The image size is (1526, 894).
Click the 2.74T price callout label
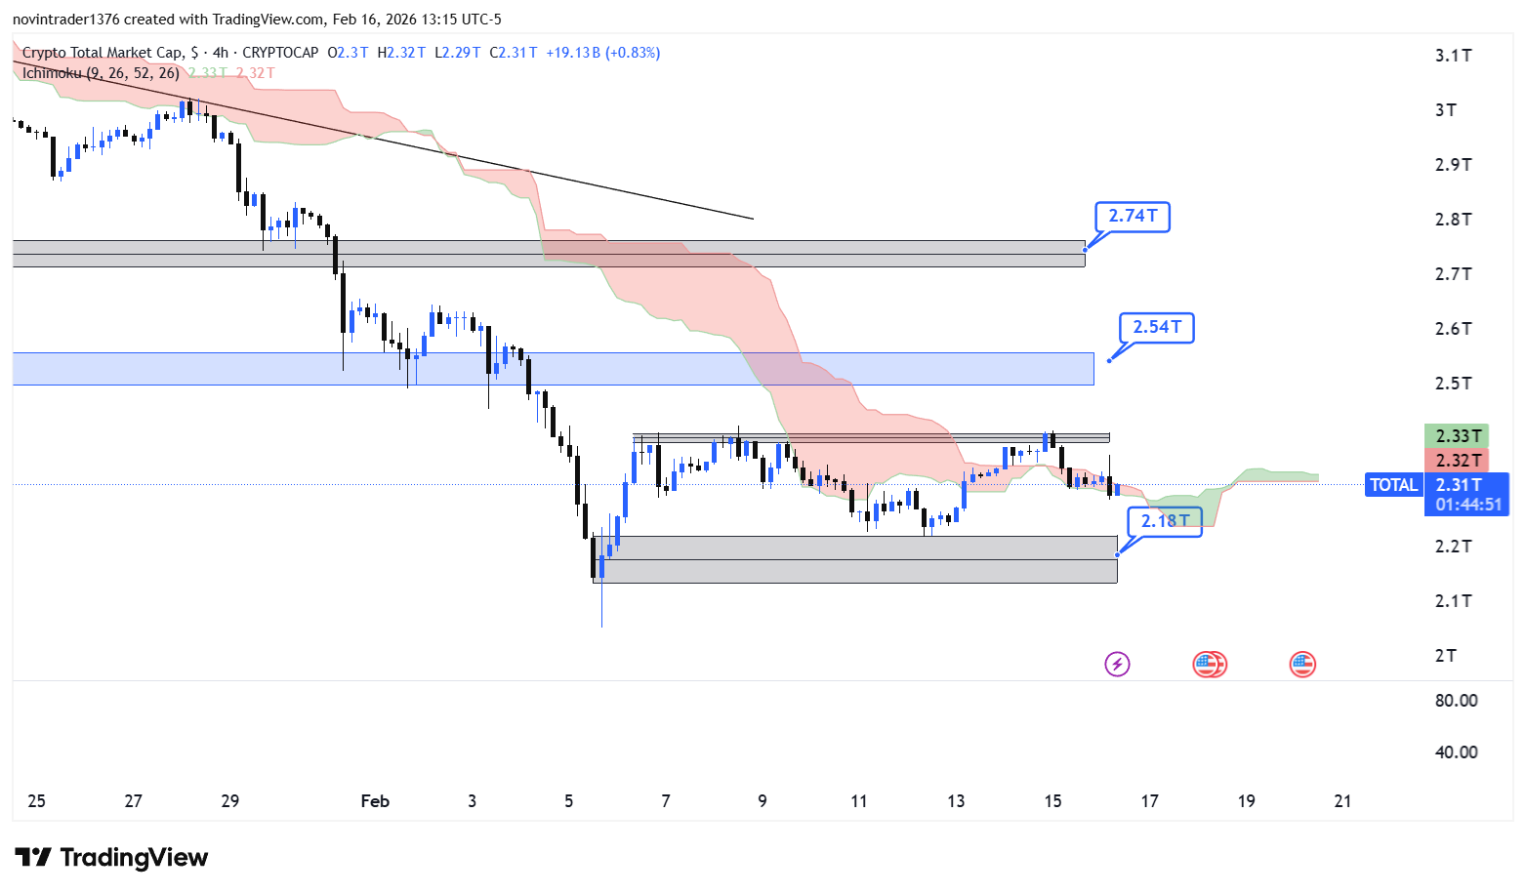point(1133,216)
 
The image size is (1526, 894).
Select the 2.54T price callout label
point(1157,327)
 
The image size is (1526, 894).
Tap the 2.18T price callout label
point(1165,520)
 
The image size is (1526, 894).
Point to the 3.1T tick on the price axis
point(1453,56)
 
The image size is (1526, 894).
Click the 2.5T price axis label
point(1453,384)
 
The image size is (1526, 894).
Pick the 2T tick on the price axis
point(1446,656)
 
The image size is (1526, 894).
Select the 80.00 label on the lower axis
point(1456,701)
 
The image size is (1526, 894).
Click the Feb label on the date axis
point(375,801)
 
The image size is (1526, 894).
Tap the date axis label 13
point(955,801)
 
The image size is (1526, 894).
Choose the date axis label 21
point(1342,801)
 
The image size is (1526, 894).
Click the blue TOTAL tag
point(1393,485)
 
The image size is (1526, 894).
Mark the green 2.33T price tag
point(1459,436)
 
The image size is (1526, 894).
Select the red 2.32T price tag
point(1459,461)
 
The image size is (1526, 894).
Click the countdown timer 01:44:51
point(1468,505)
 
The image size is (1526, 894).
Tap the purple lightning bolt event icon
point(1117,665)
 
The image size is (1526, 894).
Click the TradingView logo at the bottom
point(111,858)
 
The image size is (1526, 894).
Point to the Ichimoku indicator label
point(101,73)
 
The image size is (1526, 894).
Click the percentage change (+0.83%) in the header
point(633,53)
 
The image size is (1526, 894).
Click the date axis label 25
point(36,801)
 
